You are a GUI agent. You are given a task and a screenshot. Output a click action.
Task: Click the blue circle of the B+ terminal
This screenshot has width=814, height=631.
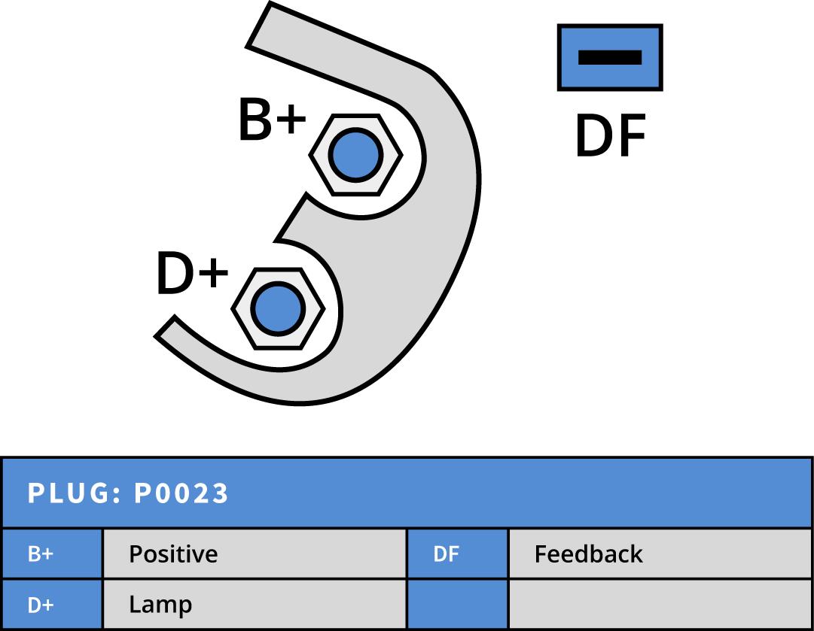click(355, 154)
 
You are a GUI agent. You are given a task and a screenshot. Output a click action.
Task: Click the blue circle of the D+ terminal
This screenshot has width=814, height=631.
click(277, 308)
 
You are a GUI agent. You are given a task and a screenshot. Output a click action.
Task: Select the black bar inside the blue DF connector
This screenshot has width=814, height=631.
click(610, 57)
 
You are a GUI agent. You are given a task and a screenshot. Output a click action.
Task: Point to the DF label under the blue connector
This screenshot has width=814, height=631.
click(610, 137)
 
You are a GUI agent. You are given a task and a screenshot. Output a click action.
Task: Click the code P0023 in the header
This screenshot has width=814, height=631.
click(181, 493)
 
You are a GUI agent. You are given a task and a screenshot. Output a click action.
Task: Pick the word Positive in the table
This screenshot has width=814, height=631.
click(173, 554)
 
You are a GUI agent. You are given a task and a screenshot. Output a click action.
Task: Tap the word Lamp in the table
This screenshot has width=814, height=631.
click(160, 605)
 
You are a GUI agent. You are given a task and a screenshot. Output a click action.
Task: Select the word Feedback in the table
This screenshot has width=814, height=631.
click(588, 554)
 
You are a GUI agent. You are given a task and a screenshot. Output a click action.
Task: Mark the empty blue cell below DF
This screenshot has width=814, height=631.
click(457, 605)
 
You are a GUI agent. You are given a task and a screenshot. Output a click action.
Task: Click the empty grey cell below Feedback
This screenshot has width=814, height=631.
click(660, 605)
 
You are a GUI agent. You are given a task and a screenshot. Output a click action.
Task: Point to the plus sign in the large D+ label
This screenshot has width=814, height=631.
click(212, 275)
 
